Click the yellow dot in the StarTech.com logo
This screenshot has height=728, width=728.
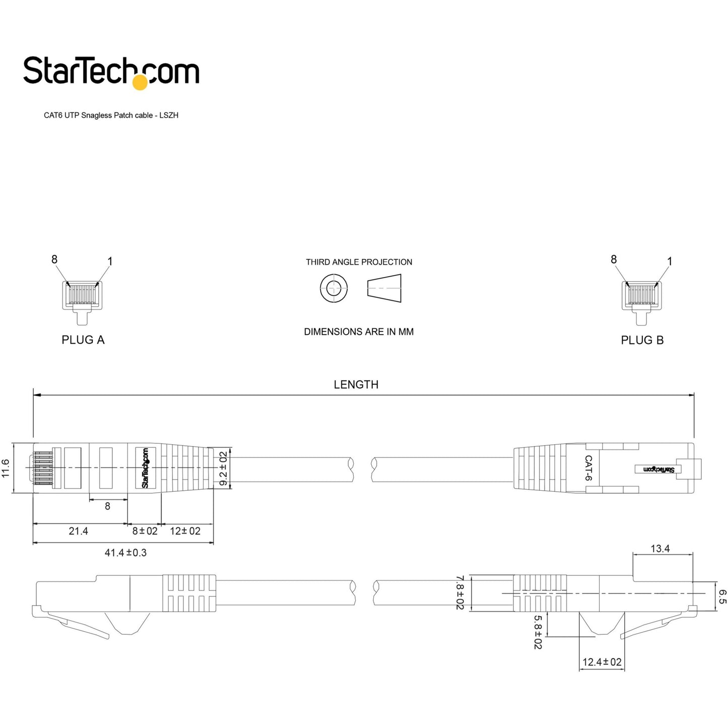(x=140, y=83)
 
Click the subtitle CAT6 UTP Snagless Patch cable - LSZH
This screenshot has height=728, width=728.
(x=111, y=115)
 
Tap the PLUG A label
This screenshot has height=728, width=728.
(x=83, y=340)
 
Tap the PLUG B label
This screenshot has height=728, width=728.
(x=642, y=340)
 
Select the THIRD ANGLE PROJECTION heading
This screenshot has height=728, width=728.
(x=359, y=262)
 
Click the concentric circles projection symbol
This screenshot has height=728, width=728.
(x=334, y=289)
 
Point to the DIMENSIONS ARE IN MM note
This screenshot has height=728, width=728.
(x=359, y=332)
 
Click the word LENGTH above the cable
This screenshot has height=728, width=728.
(x=356, y=385)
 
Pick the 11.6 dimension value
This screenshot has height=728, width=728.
(x=6, y=468)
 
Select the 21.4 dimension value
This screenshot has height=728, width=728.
(x=78, y=531)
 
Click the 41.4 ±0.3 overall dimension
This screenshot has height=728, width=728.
(x=125, y=553)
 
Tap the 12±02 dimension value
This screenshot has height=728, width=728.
(x=185, y=531)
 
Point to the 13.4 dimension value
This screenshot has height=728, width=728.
(x=660, y=549)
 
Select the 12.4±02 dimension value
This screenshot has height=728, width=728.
(x=602, y=662)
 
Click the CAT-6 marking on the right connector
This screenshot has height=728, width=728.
(x=588, y=468)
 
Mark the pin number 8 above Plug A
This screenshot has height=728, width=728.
(x=54, y=259)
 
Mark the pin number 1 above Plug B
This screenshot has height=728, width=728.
(x=670, y=261)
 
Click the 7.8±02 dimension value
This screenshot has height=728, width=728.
(x=459, y=593)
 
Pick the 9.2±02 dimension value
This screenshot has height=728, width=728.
(x=223, y=468)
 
